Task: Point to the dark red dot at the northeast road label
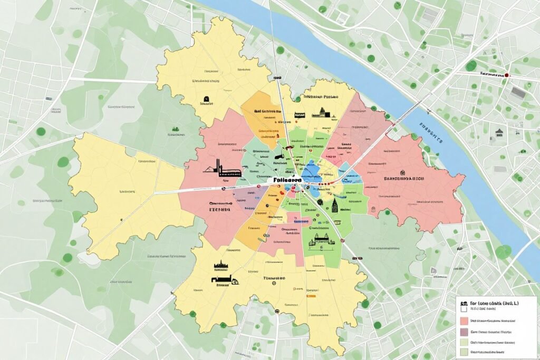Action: (507, 75)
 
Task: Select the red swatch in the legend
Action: (464, 320)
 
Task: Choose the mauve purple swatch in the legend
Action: (464, 332)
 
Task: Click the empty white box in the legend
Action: (464, 310)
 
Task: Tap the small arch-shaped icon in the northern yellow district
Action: (205, 99)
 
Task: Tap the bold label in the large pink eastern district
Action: (404, 179)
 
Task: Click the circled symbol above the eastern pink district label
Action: (402, 172)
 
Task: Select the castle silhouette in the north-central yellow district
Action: (321, 113)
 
